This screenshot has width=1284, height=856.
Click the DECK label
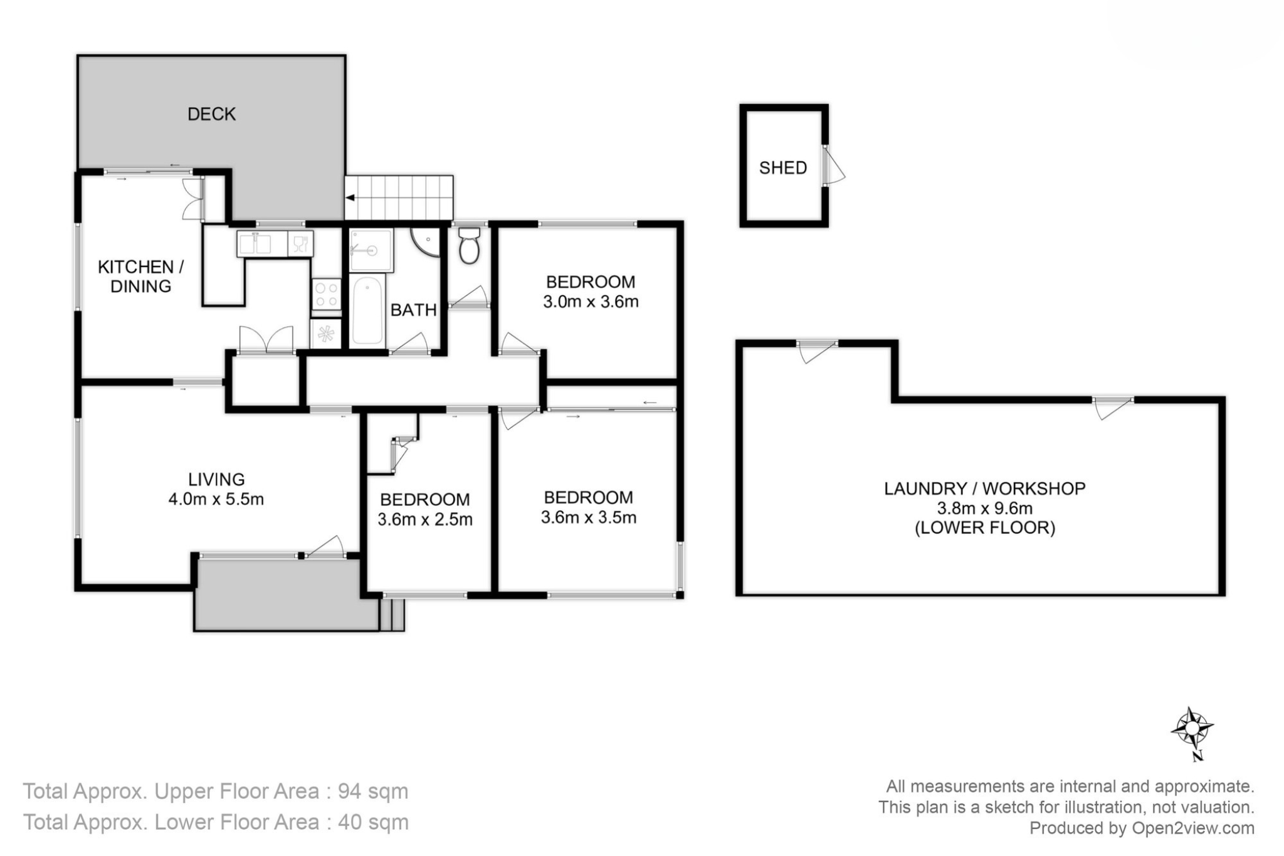click(212, 114)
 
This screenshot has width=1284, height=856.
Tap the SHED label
click(783, 167)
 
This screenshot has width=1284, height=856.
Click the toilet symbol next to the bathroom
click(469, 245)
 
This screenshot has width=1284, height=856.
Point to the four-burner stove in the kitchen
click(327, 295)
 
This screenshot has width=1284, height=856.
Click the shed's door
click(833, 165)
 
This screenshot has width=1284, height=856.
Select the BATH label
click(413, 310)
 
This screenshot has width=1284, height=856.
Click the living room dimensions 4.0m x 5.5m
click(216, 500)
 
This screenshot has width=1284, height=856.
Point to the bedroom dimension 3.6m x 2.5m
click(425, 520)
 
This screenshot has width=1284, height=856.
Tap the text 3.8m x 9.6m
click(984, 509)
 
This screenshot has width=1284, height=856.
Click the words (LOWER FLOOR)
click(985, 528)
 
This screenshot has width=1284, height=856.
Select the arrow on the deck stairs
click(350, 198)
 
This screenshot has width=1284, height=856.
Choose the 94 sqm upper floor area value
click(373, 791)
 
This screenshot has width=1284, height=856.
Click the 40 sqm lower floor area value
click(373, 822)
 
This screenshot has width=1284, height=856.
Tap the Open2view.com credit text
click(1192, 828)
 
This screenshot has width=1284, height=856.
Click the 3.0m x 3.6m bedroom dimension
click(591, 302)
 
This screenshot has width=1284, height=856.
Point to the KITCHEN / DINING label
click(141, 277)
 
